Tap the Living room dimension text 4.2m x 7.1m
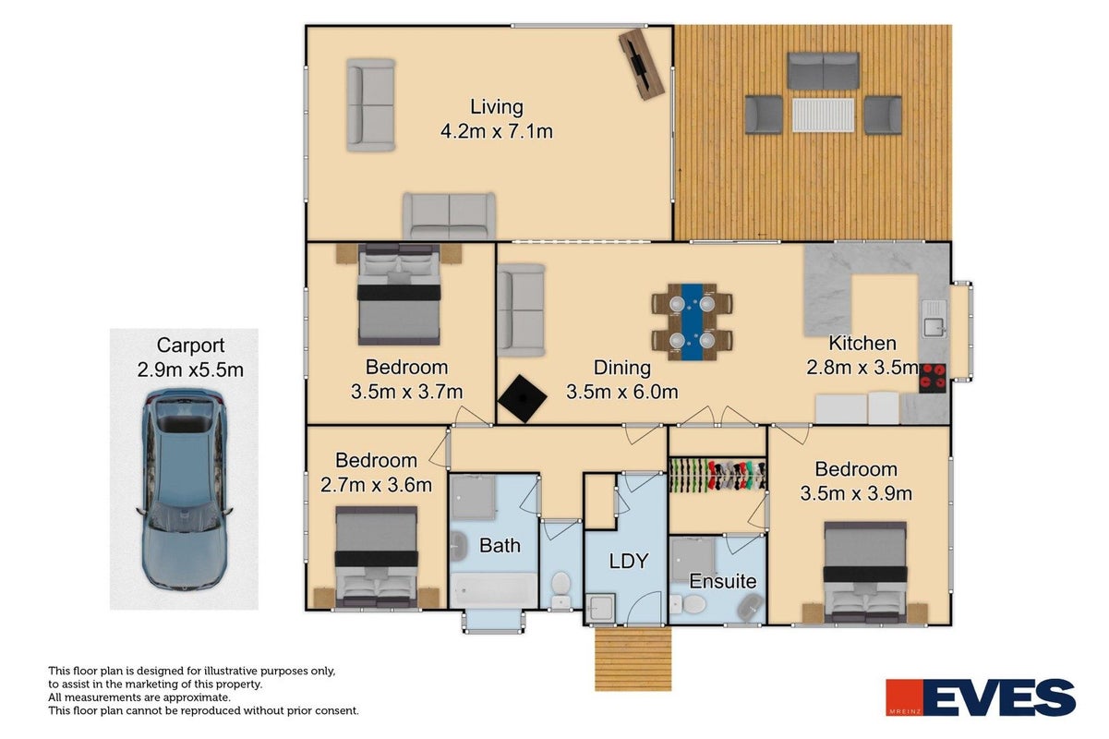coord(496,132)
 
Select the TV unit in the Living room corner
coord(641,64)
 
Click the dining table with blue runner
coord(693,322)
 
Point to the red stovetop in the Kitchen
coord(933,378)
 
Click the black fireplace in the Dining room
coord(523,399)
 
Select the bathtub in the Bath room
coord(494,589)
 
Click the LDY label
coord(628,562)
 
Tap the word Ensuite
coord(723,581)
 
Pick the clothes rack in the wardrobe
coord(717,476)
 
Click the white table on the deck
coord(823,115)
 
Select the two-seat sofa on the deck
coord(823,71)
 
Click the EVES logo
coord(981,697)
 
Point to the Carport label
coord(190,345)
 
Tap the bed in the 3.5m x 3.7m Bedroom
coord(399,294)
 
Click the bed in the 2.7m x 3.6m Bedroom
coord(376,557)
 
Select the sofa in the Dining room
coord(522,310)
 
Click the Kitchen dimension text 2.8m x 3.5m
coord(862,368)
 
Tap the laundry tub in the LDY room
coord(600,607)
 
